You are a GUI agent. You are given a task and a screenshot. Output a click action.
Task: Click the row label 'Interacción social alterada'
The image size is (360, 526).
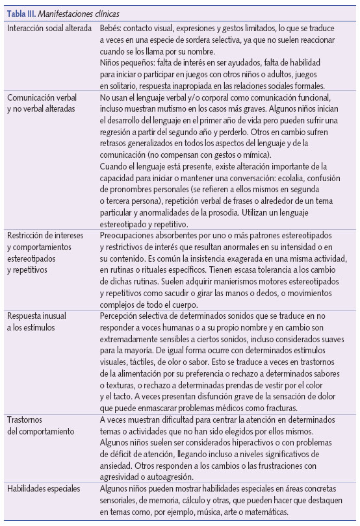pos(49,29)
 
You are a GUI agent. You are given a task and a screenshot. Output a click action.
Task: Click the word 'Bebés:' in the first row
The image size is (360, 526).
pos(113,29)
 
